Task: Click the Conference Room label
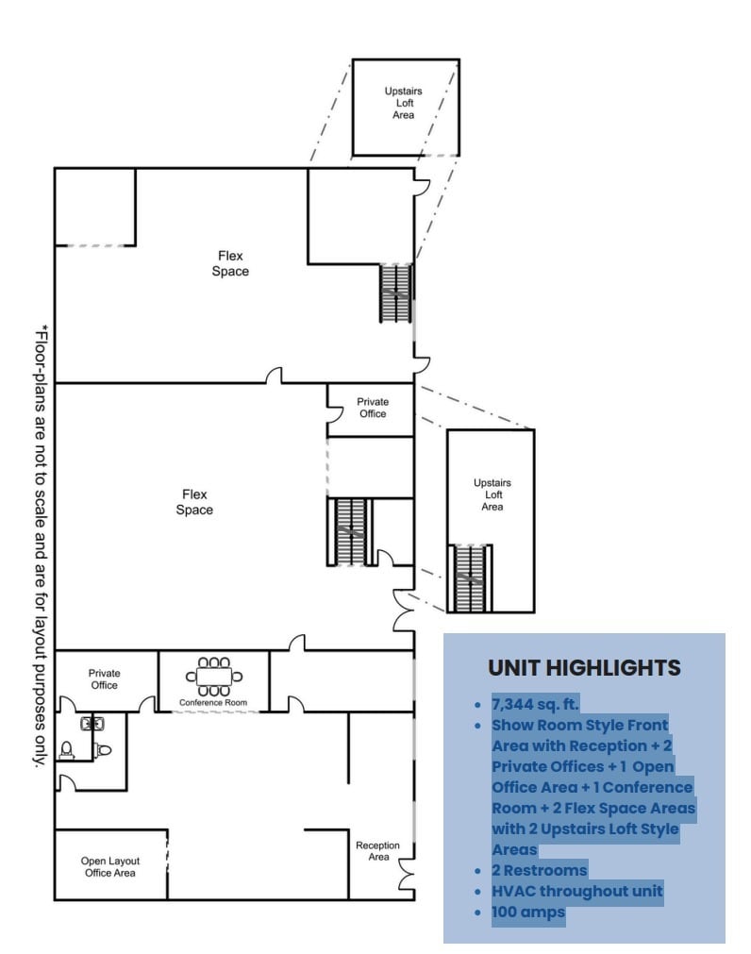pos(213,703)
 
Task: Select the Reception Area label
pos(378,851)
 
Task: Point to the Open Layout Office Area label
pos(108,867)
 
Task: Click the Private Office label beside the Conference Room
pos(105,678)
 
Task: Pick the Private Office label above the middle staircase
pos(373,408)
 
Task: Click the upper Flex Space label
pos(231,264)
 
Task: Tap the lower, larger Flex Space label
pos(194,502)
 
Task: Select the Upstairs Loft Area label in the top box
pos(404,103)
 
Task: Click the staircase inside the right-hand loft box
pos(469,578)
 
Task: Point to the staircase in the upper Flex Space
pos(396,293)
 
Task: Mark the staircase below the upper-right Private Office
pos(351,532)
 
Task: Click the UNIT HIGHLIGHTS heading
pos(584,668)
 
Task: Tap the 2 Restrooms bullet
pos(539,870)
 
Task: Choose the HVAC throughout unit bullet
pos(576,891)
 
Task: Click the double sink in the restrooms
pos(92,725)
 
